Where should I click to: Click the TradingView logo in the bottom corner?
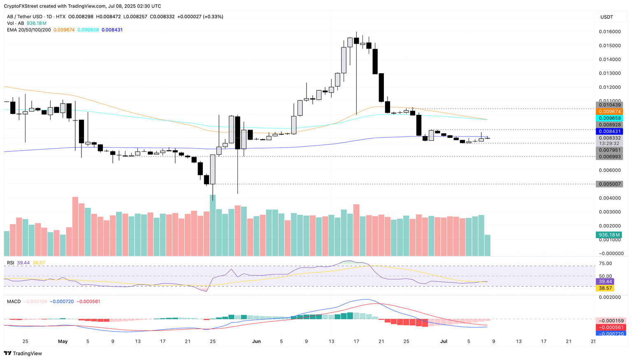[x=23, y=353]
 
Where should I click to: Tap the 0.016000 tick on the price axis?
[x=609, y=32]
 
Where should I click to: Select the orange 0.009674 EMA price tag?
[x=609, y=111]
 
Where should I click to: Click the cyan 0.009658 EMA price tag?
[x=609, y=118]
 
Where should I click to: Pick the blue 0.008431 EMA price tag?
[x=609, y=131]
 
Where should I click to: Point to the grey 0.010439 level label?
[x=609, y=105]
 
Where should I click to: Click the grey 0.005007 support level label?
[x=609, y=184]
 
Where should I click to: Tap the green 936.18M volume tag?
[x=609, y=235]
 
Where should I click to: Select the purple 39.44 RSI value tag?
[x=605, y=282]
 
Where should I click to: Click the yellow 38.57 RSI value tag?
[x=605, y=288]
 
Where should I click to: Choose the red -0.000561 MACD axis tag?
[x=611, y=327]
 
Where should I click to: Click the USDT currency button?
[x=607, y=17]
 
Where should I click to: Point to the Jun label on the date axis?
[x=256, y=341]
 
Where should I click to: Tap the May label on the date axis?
[x=63, y=341]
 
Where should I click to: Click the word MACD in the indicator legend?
[x=14, y=302]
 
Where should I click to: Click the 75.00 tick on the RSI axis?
[x=606, y=264]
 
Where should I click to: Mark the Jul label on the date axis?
[x=444, y=341]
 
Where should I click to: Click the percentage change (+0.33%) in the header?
[x=213, y=17]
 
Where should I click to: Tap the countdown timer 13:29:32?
[x=609, y=144]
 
